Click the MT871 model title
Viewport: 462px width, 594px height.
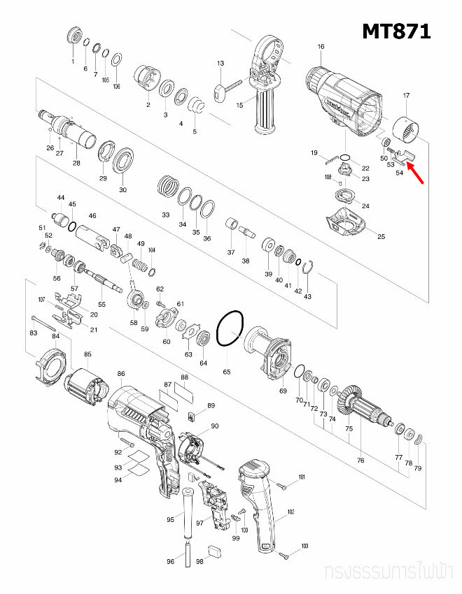point(396,31)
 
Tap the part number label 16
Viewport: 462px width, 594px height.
point(321,47)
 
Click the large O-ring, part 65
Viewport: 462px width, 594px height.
point(230,329)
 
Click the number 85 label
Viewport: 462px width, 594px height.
point(87,354)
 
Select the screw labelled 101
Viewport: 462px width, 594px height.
point(282,485)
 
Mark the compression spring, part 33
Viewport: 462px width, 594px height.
point(166,187)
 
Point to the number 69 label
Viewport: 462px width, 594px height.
point(283,391)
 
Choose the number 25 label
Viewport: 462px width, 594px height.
point(381,236)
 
